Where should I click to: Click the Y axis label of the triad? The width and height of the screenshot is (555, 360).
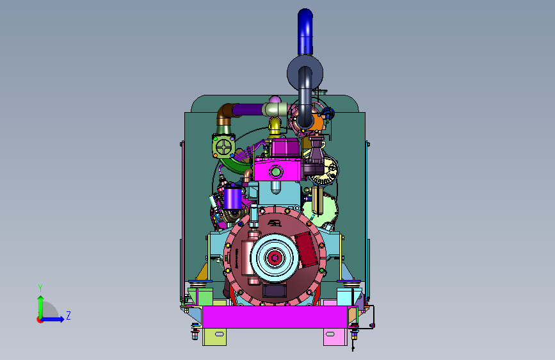pos(40,288)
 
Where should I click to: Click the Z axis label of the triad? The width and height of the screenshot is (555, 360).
pos(68,315)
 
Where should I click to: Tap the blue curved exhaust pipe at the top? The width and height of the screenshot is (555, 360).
pos(305,31)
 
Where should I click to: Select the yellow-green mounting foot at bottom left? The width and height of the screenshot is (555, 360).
pos(214,337)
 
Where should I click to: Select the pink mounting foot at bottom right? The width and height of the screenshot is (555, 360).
pos(335,337)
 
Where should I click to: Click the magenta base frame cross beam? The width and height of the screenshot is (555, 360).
pos(275,317)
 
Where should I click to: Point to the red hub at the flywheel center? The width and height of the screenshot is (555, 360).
pos(275,258)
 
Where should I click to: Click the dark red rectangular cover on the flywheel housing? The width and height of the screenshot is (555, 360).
pos(307,249)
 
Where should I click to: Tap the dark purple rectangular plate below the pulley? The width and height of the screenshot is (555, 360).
pos(275,291)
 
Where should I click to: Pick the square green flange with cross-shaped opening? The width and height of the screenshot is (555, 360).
pos(223,146)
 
